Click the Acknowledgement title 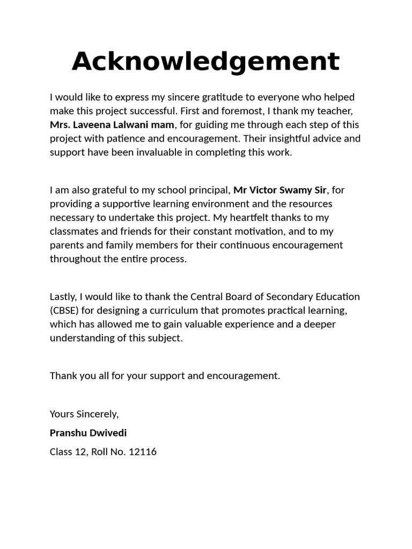205,61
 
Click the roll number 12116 143,451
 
